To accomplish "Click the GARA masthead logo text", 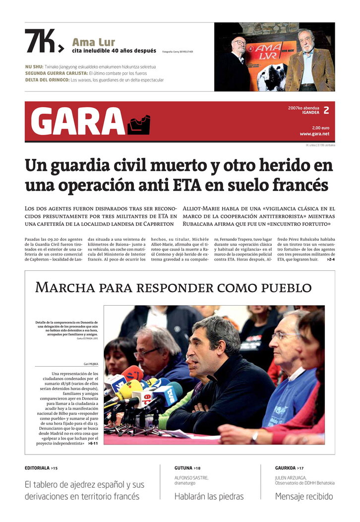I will tap(78, 122).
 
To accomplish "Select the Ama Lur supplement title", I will tap(94, 42).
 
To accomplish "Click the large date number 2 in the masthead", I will tap(326, 111).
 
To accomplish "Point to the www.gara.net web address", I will tap(314, 134).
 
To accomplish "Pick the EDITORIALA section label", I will tap(37, 468).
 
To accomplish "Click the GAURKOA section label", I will tap(286, 468).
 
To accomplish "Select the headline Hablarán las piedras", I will tap(209, 496).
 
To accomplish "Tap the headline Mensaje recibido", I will tap(304, 496).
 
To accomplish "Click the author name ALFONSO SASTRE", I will tap(191, 478).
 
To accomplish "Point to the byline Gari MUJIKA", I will tap(89, 364).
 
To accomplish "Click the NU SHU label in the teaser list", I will tap(34, 66).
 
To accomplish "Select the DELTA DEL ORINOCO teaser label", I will tap(47, 80).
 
